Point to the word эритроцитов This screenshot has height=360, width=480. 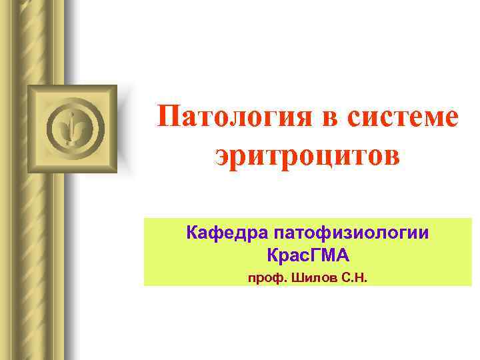pyautogui.click(x=307, y=156)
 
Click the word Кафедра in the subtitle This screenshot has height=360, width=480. pyautogui.click(x=225, y=234)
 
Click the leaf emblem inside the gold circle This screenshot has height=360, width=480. pyautogui.click(x=73, y=127)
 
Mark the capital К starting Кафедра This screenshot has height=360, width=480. pyautogui.click(x=193, y=234)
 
